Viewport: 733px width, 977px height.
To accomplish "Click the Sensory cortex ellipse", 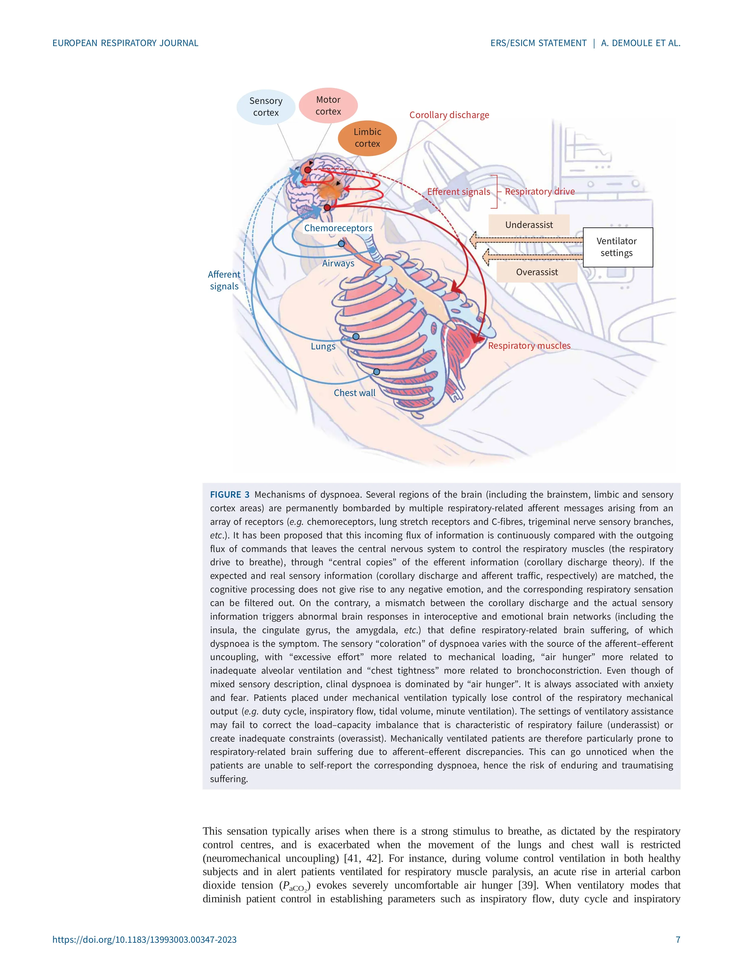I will [x=266, y=107].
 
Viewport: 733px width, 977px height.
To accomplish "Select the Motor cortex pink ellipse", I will [x=328, y=105].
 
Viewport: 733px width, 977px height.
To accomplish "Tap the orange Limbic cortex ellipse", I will [x=367, y=138].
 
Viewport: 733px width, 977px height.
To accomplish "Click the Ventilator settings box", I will [x=617, y=247].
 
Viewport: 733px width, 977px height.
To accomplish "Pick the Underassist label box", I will [x=529, y=225].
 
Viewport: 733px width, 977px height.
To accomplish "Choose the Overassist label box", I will [x=537, y=272].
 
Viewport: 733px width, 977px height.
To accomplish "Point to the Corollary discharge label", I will [x=449, y=115].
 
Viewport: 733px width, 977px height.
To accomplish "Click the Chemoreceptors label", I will [x=338, y=228].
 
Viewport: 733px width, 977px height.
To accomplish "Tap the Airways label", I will [x=338, y=263].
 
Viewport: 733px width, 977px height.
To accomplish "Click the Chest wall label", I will [x=354, y=393].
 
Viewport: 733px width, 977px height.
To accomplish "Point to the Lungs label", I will [x=323, y=346].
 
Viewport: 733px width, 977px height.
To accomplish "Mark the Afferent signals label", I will [x=224, y=280].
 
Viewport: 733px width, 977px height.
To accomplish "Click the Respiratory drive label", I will [x=539, y=191].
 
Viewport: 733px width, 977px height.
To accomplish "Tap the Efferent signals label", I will [x=458, y=192].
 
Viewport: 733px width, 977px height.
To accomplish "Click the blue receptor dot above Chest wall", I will [x=376, y=372].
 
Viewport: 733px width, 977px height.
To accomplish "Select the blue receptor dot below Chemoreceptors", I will [x=341, y=244].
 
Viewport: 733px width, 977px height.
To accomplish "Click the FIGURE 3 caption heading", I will [x=229, y=495].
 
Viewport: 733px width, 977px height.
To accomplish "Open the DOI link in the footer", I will [x=144, y=939].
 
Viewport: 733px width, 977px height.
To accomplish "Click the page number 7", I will [x=678, y=939].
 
